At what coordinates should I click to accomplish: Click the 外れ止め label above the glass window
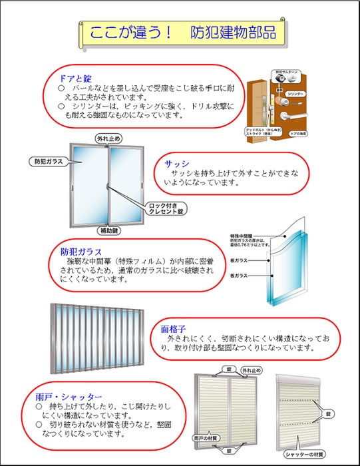108,138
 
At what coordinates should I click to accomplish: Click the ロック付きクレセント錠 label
164,207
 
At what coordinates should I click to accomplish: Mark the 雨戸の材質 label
204,439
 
